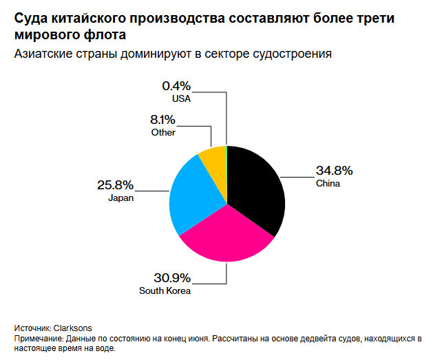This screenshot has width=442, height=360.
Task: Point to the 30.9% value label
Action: pyautogui.click(x=172, y=278)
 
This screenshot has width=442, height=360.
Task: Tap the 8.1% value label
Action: pyautogui.click(x=163, y=120)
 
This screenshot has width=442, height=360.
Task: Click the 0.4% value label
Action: pyautogui.click(x=176, y=86)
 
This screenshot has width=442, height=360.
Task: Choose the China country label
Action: pyautogui.click(x=328, y=184)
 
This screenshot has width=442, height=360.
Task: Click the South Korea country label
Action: pyautogui.click(x=165, y=291)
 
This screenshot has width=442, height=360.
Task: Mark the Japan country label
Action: pyautogui.click(x=120, y=198)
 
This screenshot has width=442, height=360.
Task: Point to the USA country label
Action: pyautogui.click(x=181, y=99)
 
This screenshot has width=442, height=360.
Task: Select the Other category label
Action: pyautogui.click(x=163, y=133)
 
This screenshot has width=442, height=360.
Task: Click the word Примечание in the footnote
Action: pyautogui.click(x=39, y=339)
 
